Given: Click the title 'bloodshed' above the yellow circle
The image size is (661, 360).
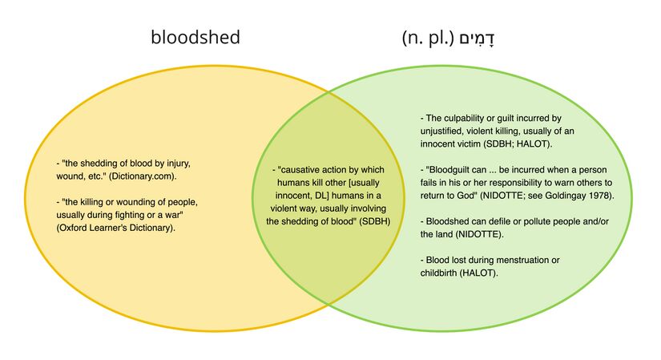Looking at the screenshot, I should [x=195, y=38].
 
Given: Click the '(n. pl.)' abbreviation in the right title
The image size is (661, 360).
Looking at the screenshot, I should [x=429, y=38].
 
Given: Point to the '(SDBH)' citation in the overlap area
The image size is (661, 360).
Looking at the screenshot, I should [x=375, y=220].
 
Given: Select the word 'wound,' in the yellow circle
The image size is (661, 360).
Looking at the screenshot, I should [x=70, y=176].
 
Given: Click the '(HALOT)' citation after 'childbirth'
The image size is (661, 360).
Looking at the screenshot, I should [x=481, y=273].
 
